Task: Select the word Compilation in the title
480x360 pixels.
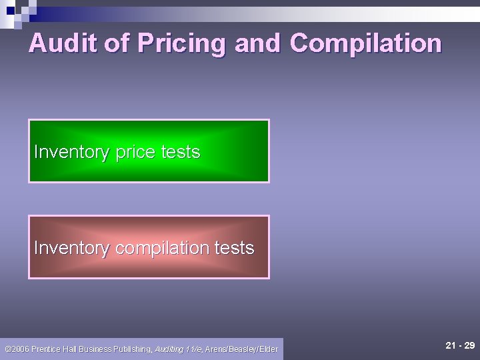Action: [366, 43]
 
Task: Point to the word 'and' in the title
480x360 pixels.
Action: [259, 43]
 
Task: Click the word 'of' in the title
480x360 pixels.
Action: [117, 43]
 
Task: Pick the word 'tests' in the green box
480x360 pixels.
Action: [180, 152]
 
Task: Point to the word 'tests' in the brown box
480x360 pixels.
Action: [234, 248]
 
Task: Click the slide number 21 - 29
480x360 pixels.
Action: [460, 345]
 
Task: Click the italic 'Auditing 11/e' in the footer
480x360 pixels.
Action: [179, 349]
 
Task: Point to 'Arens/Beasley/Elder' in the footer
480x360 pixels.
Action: [241, 349]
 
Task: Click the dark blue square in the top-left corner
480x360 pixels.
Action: [10, 10]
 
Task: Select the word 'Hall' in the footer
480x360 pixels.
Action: [69, 349]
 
